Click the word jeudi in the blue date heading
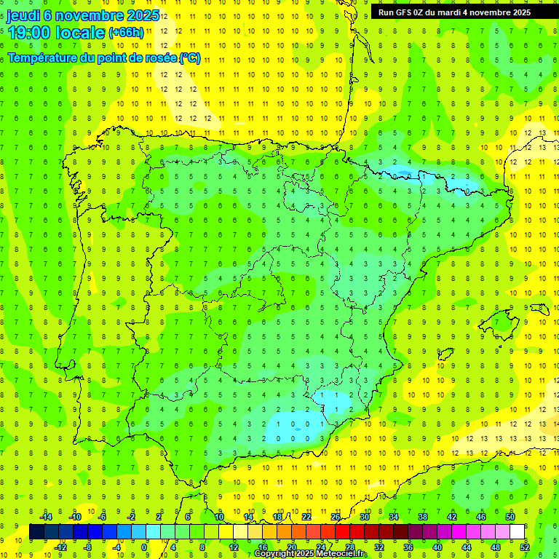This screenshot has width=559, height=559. (23, 15)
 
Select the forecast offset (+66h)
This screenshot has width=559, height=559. (126, 33)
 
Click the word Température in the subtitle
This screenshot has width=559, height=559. (44, 58)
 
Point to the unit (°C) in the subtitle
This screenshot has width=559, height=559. (190, 58)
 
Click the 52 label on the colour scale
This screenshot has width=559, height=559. (525, 547)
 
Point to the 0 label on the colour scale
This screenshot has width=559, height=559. (144, 547)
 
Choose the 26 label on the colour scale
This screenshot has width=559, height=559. (336, 517)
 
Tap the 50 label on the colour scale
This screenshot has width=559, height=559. (510, 517)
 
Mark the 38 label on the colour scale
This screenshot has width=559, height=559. (423, 517)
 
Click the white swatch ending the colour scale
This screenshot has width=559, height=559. (518, 532)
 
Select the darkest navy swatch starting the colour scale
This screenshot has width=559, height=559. (36, 532)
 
